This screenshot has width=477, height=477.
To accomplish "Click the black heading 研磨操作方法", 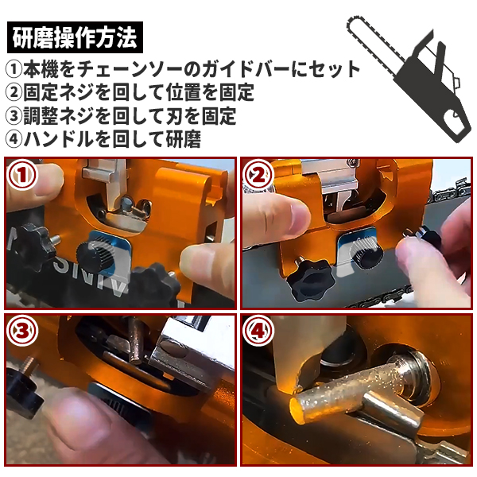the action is tap(75, 37).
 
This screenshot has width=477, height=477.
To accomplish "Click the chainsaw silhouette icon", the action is tap(409, 80).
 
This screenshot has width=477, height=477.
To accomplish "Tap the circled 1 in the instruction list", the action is tap(14, 69).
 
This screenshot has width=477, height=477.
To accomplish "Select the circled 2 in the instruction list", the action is tap(14, 92).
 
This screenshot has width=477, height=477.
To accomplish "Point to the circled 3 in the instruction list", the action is tap(14, 116).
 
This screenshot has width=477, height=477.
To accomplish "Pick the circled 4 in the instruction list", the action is tap(14, 139).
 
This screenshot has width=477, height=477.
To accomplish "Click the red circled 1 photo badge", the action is tap(22, 175).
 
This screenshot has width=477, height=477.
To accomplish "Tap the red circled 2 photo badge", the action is tap(258, 175).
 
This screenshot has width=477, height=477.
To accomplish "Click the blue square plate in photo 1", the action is tap(111, 250).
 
